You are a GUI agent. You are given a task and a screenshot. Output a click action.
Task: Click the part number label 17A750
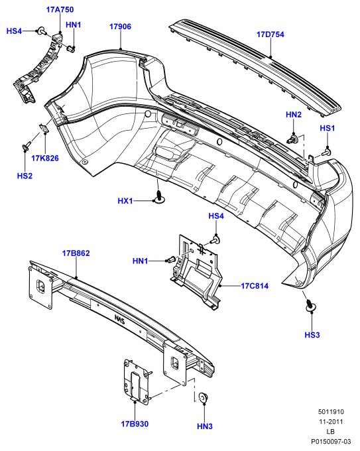pos(60,9)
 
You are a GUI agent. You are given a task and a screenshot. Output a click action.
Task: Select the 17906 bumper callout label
pos(120,27)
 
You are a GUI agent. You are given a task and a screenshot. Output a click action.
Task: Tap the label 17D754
pos(270,34)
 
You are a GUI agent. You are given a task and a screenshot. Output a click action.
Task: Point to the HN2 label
pos(293,115)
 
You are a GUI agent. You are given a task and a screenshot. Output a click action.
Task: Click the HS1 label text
pos(328,128)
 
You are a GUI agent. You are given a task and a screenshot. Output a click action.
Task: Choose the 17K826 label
pos(45,158)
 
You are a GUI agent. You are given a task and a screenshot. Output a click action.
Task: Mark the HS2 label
pos(25,176)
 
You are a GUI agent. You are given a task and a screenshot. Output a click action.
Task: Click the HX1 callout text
pos(125,201)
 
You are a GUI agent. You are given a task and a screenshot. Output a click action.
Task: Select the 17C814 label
pos(255,286)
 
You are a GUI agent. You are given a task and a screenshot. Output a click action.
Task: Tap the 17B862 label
pos(76,253)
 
